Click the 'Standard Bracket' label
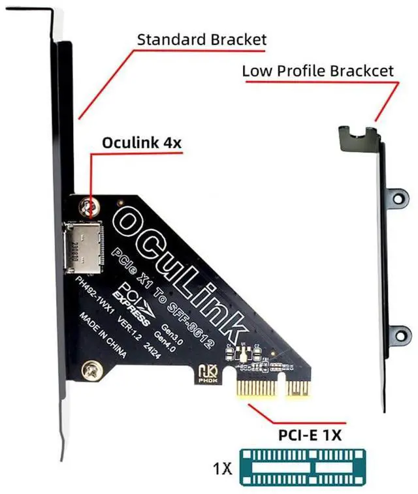(201, 39)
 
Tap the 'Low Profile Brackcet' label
(318, 70)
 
